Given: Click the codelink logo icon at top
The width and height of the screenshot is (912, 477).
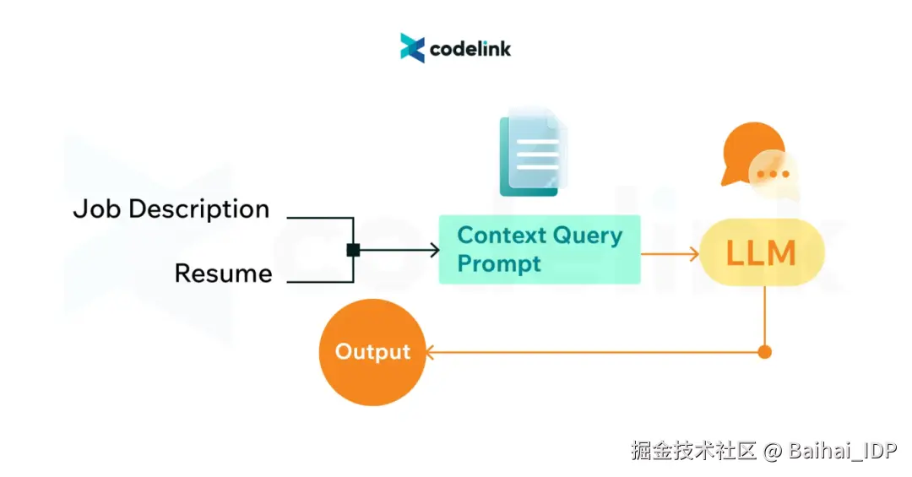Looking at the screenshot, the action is click(x=412, y=47).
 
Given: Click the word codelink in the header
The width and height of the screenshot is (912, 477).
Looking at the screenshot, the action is click(x=470, y=49).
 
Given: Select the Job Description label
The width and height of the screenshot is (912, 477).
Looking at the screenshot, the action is click(x=171, y=209).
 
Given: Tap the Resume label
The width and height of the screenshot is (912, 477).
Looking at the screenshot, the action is click(x=223, y=274).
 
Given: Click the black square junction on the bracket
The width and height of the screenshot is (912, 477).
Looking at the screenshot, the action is click(x=353, y=250).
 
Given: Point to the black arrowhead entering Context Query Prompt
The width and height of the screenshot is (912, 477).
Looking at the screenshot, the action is click(x=435, y=250).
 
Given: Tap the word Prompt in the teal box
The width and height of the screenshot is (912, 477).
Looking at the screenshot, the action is click(x=499, y=264).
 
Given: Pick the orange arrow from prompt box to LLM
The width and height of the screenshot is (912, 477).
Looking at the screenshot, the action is click(x=670, y=253).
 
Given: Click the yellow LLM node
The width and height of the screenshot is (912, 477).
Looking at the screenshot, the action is click(x=762, y=252).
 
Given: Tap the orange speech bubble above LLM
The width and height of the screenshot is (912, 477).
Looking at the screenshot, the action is click(x=752, y=154).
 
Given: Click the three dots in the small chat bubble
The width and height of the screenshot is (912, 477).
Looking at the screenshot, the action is click(x=773, y=174).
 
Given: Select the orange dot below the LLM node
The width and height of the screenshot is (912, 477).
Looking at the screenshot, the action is click(x=765, y=352).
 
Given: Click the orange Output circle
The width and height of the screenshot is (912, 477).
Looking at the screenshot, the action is click(x=372, y=352).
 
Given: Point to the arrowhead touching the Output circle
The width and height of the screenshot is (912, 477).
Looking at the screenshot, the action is click(x=431, y=352).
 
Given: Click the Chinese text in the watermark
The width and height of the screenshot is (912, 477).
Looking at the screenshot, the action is click(x=693, y=451).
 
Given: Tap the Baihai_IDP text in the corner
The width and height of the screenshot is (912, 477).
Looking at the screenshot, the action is click(x=843, y=451).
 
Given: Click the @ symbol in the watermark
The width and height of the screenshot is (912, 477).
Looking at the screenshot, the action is click(x=773, y=452).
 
